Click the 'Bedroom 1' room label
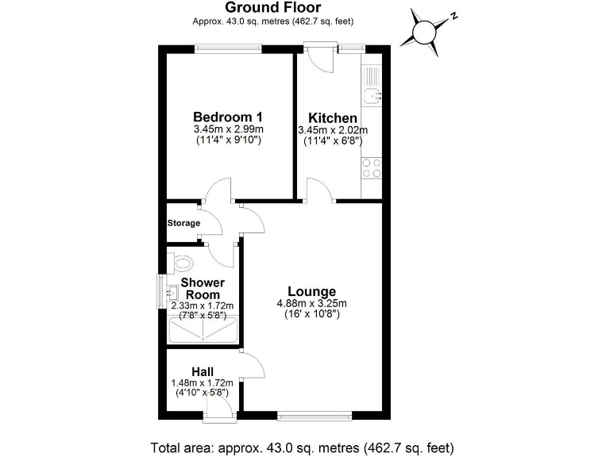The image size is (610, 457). (x=228, y=117)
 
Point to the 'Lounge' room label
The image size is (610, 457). (x=311, y=290)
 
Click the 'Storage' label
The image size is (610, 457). (x=183, y=223)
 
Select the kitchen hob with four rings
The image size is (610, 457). (x=372, y=167)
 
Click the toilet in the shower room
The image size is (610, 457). (x=182, y=262)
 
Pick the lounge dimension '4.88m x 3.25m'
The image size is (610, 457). (x=311, y=302)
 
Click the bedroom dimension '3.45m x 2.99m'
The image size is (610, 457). (x=228, y=129)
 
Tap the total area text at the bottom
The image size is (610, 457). (x=305, y=445)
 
